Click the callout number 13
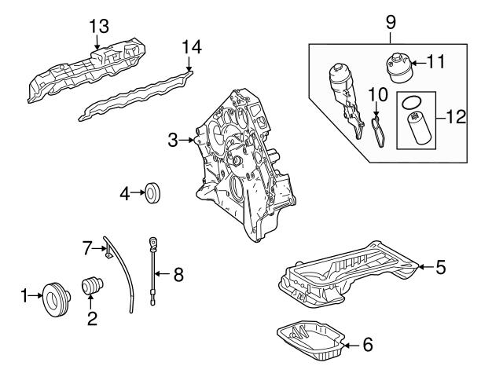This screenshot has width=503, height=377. [99, 27]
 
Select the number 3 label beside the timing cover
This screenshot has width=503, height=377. [173, 141]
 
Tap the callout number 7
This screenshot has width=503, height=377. [89, 249]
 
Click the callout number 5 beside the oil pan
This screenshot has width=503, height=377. [440, 267]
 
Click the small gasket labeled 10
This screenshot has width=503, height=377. [379, 130]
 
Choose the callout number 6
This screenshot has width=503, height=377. [366, 344]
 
